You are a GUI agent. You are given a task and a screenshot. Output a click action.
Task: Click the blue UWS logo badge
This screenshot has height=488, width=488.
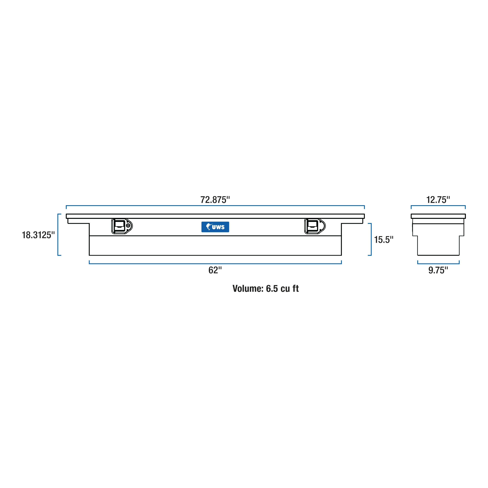pos(215,227)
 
